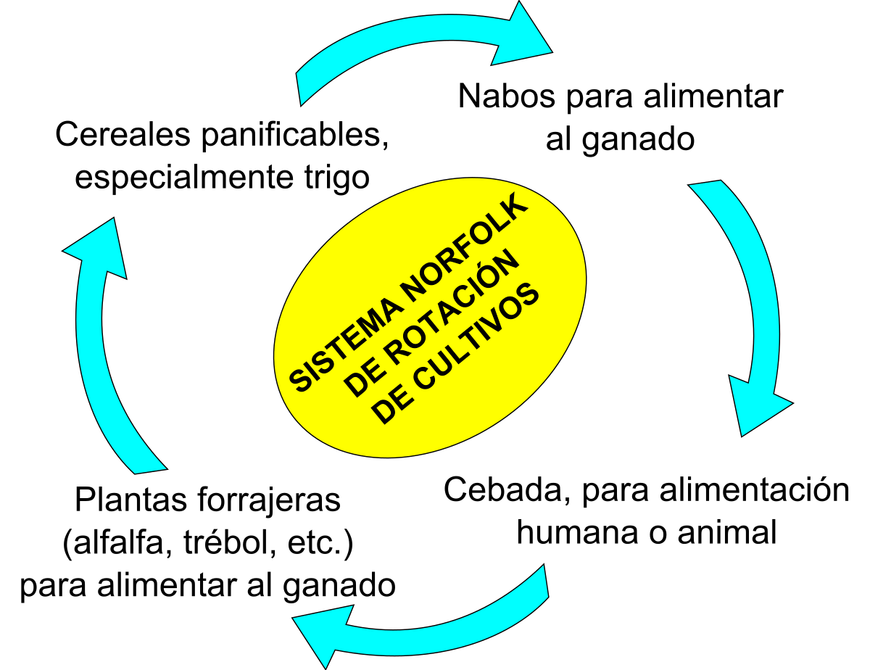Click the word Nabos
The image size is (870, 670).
(x=507, y=96)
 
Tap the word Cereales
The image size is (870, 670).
(x=123, y=134)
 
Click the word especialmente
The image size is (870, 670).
(x=185, y=178)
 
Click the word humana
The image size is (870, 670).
(x=577, y=533)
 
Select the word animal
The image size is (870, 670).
(x=727, y=533)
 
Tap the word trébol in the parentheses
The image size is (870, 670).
(x=230, y=543)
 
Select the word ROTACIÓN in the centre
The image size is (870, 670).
(x=432, y=322)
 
